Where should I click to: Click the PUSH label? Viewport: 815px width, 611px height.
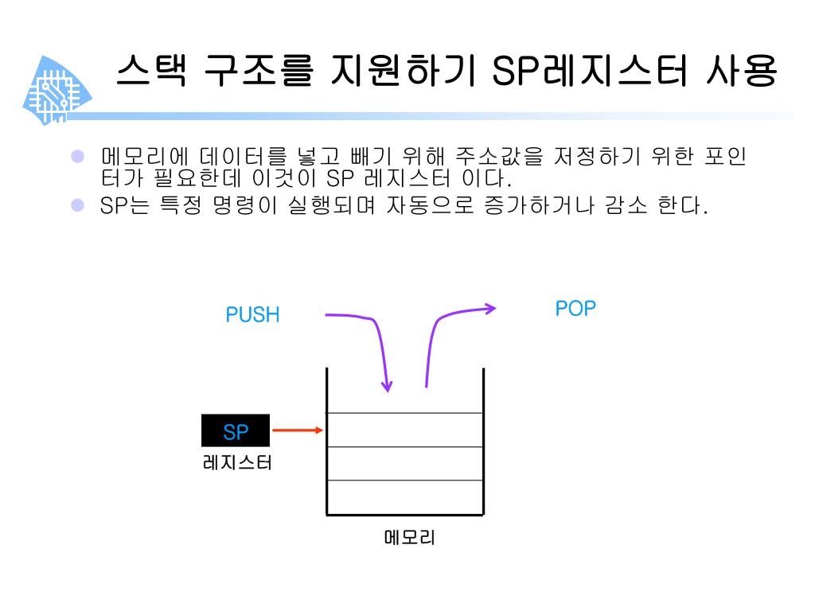(x=252, y=315)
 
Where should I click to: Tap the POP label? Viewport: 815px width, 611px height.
(x=575, y=309)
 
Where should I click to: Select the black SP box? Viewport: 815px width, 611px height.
(x=236, y=431)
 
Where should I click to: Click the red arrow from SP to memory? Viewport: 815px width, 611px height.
(x=297, y=430)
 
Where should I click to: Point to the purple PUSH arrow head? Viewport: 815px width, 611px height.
(x=387, y=387)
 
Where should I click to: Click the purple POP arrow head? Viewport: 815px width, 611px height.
(x=490, y=308)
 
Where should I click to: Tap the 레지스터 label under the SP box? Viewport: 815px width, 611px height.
(x=237, y=461)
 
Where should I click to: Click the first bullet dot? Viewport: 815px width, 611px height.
(x=77, y=157)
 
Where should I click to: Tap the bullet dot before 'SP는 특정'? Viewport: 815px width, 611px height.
(x=77, y=206)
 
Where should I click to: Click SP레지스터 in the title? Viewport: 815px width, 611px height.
(x=588, y=72)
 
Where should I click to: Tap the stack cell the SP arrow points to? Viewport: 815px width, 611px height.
(x=404, y=430)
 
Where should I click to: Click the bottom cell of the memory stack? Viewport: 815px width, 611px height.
(x=404, y=498)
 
